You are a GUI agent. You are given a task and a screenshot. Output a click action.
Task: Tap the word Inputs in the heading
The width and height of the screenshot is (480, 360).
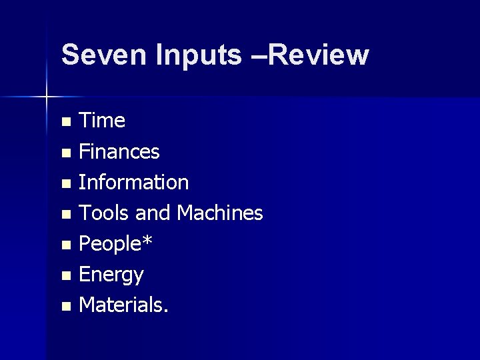(x=199, y=55)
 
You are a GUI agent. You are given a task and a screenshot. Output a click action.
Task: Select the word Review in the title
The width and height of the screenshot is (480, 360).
(x=319, y=55)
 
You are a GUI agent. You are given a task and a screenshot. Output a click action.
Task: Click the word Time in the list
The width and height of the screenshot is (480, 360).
(x=102, y=121)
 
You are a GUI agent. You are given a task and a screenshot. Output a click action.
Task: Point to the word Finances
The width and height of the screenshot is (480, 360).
(x=119, y=152)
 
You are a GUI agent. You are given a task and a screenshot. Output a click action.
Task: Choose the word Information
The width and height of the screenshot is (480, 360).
(x=133, y=183)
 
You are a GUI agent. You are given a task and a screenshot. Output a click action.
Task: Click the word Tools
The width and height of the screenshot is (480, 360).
(x=104, y=213)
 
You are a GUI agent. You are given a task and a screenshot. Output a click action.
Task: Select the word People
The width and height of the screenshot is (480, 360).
(x=110, y=244)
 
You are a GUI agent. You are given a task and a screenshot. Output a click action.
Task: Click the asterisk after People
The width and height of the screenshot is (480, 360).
(x=147, y=241)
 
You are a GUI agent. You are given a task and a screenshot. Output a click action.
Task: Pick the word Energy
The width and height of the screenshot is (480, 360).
(x=111, y=275)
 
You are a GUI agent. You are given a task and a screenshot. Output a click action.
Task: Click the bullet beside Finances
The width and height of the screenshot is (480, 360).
(x=65, y=153)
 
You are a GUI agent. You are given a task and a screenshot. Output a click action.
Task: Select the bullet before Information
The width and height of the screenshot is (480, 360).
(x=65, y=183)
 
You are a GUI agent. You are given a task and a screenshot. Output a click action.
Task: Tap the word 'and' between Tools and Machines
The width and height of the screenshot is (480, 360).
(x=153, y=213)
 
